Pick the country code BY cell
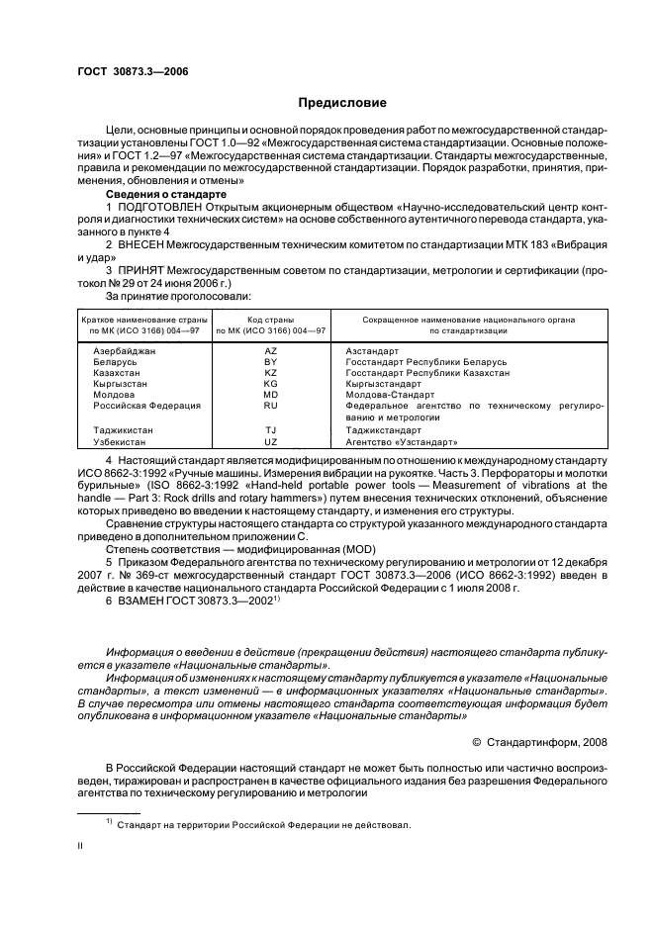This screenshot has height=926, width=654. click(x=270, y=362)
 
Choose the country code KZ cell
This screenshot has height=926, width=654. click(x=270, y=373)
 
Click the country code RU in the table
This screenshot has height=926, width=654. click(x=270, y=406)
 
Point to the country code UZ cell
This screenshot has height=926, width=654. click(x=270, y=441)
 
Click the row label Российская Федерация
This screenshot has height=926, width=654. click(x=146, y=406)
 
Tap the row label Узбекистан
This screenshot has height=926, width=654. click(x=122, y=441)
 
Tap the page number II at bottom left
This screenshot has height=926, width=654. click(x=81, y=847)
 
